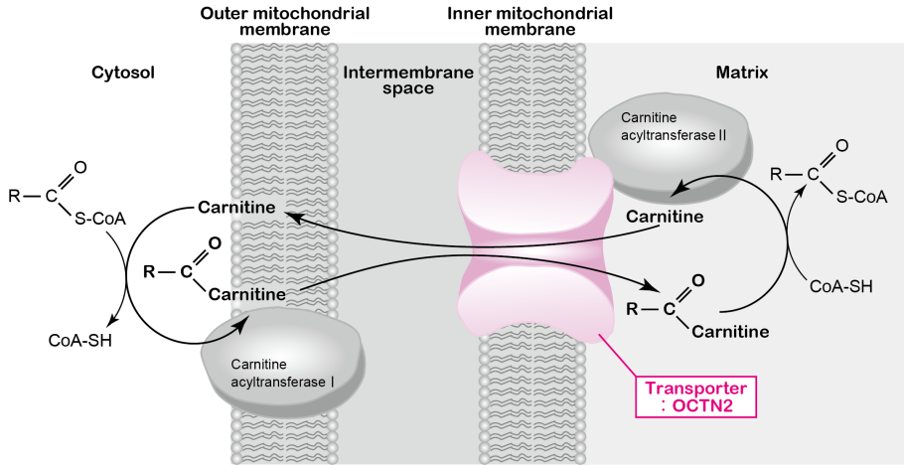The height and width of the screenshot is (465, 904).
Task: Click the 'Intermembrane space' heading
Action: (x=408, y=80)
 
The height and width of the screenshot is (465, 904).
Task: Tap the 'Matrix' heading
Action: (x=742, y=73)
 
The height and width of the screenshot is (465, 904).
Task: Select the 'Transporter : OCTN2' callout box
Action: (x=695, y=396)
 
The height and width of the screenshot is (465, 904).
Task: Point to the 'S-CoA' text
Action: (x=861, y=197)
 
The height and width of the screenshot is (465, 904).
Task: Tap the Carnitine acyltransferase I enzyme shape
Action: (x=283, y=363)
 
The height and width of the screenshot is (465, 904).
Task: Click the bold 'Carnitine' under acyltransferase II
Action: (x=665, y=217)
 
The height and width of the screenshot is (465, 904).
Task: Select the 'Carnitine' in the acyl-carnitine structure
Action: (x=729, y=332)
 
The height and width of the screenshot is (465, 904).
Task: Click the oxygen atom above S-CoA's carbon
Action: (x=842, y=146)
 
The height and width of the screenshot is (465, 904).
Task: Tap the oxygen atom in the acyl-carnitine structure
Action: (x=698, y=279)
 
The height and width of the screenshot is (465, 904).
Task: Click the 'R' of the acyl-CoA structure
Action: (x=777, y=175)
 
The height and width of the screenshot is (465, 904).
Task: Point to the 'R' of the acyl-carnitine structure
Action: (x=632, y=308)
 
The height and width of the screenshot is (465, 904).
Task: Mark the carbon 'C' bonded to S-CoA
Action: (x=813, y=175)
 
